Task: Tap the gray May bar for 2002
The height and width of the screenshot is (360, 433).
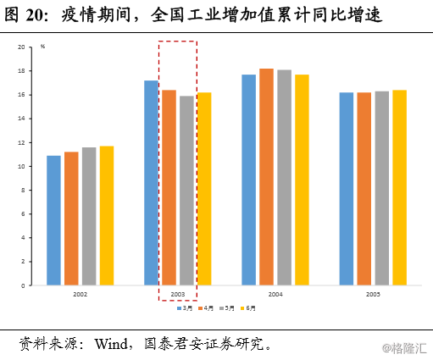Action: click(x=89, y=216)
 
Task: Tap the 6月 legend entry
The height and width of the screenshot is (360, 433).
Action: click(x=247, y=308)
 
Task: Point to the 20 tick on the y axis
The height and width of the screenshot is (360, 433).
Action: click(x=24, y=47)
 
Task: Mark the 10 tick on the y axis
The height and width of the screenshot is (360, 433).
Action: click(x=24, y=167)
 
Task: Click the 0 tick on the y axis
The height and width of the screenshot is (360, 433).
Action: click(x=25, y=285)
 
